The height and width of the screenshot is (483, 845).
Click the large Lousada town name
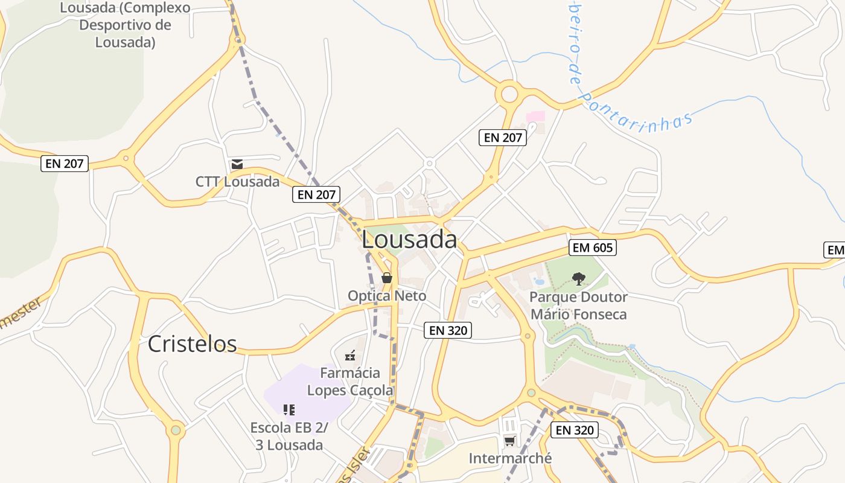click(x=409, y=240)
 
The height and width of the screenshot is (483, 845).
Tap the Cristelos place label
click(x=192, y=344)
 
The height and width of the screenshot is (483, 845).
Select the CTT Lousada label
click(x=237, y=182)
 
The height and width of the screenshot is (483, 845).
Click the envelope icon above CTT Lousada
click(x=237, y=164)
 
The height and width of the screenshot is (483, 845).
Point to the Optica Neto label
click(x=387, y=296)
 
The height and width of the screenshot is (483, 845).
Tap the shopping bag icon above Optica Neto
click(x=387, y=278)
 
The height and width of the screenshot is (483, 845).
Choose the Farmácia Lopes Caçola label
click(x=350, y=382)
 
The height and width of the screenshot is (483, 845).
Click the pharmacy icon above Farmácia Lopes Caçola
click(x=350, y=356)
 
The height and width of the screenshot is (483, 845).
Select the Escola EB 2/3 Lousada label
click(x=289, y=437)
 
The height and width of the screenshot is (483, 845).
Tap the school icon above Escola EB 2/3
click(x=289, y=410)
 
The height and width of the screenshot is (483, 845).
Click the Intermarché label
click(x=510, y=458)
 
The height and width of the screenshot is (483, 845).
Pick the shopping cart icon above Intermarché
click(x=510, y=441)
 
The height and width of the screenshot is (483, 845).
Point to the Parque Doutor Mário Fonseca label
click(x=578, y=305)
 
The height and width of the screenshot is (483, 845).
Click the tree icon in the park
click(x=578, y=278)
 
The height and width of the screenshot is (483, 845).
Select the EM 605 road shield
click(x=592, y=248)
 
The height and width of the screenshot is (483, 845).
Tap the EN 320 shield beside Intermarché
click(x=575, y=430)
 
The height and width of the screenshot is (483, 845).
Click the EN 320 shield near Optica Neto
click(x=447, y=330)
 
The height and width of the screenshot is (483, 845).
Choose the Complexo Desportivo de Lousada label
click(x=126, y=25)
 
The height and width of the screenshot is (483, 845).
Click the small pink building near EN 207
click(x=535, y=116)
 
